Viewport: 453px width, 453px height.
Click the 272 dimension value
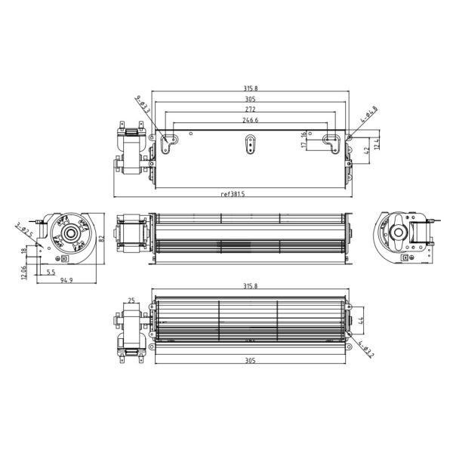tap(249, 109)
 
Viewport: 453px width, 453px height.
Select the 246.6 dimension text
tap(249, 119)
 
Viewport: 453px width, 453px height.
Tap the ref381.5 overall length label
tap(233, 194)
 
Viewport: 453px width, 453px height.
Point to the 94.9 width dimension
tap(66, 281)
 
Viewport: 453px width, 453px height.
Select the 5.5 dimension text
tap(51, 272)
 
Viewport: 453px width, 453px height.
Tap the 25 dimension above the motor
tap(132, 301)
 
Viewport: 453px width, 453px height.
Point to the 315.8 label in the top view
tap(249, 87)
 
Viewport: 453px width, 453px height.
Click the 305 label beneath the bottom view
tap(249, 361)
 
